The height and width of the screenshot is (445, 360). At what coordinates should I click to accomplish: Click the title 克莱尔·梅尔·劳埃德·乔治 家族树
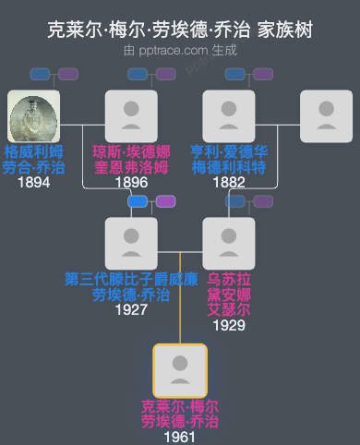180,30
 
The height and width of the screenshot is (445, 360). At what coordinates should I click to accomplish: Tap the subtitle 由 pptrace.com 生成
180,51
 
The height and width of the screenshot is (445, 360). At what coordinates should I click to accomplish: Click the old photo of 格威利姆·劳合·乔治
33,116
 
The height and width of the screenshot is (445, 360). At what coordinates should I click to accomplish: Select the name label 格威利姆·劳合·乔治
33,159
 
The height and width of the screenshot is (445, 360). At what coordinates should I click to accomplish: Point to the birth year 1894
33,183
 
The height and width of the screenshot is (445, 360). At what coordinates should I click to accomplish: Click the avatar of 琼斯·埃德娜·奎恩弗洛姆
131,116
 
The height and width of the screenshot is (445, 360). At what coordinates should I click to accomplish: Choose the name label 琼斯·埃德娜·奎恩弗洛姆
131,159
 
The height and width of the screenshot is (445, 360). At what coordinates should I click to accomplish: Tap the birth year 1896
131,183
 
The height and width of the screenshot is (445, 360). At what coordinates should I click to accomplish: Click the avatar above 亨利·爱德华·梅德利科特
228,116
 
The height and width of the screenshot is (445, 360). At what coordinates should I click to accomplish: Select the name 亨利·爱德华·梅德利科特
228,159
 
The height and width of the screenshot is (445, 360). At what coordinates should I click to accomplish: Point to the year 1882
228,183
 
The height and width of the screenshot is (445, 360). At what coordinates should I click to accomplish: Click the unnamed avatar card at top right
326,116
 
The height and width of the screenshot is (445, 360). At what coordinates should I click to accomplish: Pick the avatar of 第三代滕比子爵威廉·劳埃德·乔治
131,243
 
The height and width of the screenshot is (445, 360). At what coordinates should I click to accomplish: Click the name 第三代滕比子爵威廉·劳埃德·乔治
131,286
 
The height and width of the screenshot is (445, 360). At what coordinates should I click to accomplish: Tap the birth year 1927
131,310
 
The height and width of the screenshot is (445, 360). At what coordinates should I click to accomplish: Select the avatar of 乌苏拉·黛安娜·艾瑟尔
228,243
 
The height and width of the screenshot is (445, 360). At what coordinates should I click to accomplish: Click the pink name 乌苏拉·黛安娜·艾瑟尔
228,294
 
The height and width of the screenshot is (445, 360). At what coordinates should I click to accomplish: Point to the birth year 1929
228,324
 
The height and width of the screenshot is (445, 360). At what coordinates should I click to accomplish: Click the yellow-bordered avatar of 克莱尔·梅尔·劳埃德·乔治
180,370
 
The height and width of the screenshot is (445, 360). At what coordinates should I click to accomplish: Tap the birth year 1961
180,436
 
